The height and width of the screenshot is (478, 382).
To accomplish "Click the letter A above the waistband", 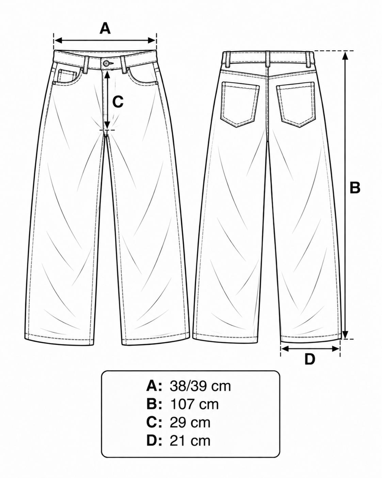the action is [x=105, y=28].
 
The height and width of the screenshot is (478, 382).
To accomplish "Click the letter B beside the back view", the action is [x=355, y=188].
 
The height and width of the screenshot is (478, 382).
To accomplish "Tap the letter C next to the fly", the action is [x=117, y=102].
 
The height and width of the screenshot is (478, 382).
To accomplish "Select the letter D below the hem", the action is [x=310, y=359].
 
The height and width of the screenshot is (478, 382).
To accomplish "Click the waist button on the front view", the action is [x=106, y=63].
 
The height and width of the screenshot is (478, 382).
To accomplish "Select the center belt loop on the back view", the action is [x=268, y=59].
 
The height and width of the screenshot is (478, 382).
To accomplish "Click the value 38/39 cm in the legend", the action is [x=200, y=386].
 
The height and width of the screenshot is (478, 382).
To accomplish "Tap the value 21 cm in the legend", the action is [x=190, y=440].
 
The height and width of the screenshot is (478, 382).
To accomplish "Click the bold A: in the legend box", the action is [x=154, y=386].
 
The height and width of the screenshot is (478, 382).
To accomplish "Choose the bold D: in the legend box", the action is [x=154, y=440].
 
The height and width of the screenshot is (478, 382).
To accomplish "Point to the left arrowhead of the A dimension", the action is [x=58, y=41].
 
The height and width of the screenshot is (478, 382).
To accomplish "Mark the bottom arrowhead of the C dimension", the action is [x=107, y=124].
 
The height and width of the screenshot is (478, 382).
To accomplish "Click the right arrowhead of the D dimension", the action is [x=336, y=349].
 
